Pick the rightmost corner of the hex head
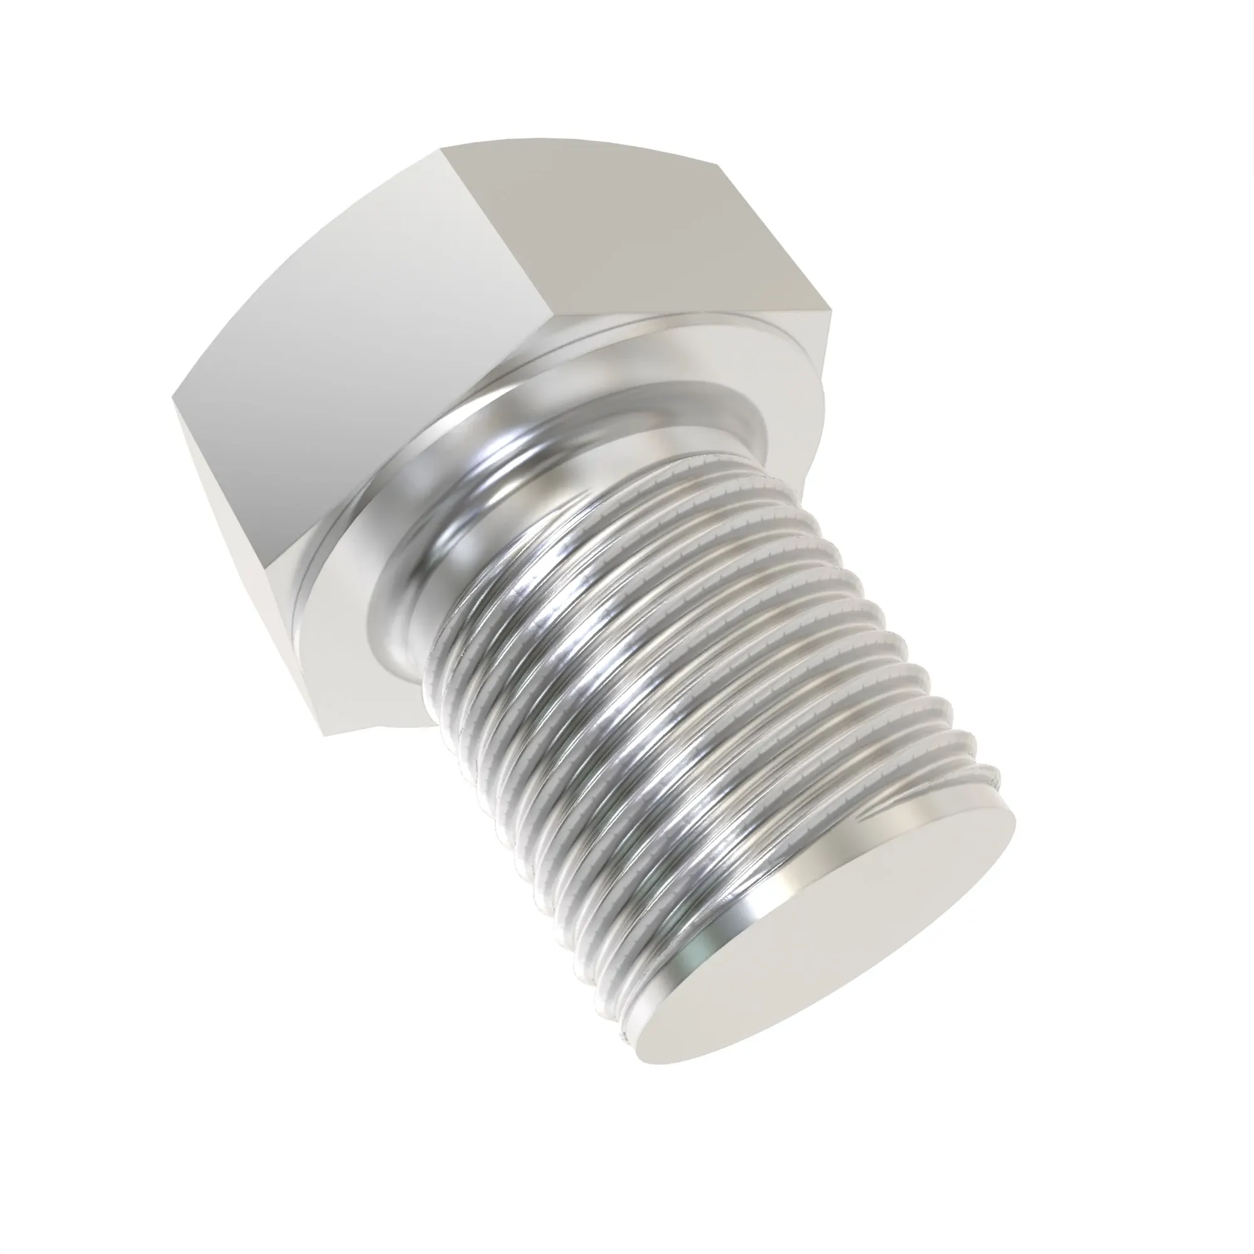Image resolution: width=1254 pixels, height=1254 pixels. (831, 310)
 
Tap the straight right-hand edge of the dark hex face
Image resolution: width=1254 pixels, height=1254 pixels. (776, 237)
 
